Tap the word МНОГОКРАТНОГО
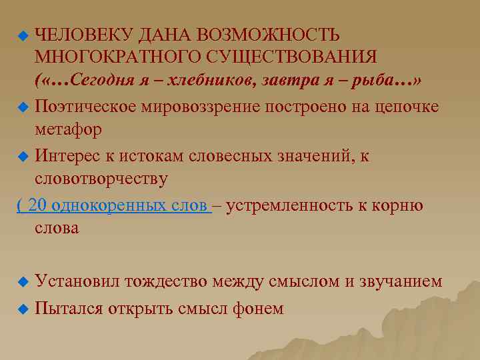click(107, 58)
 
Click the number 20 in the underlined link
click(38, 205)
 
